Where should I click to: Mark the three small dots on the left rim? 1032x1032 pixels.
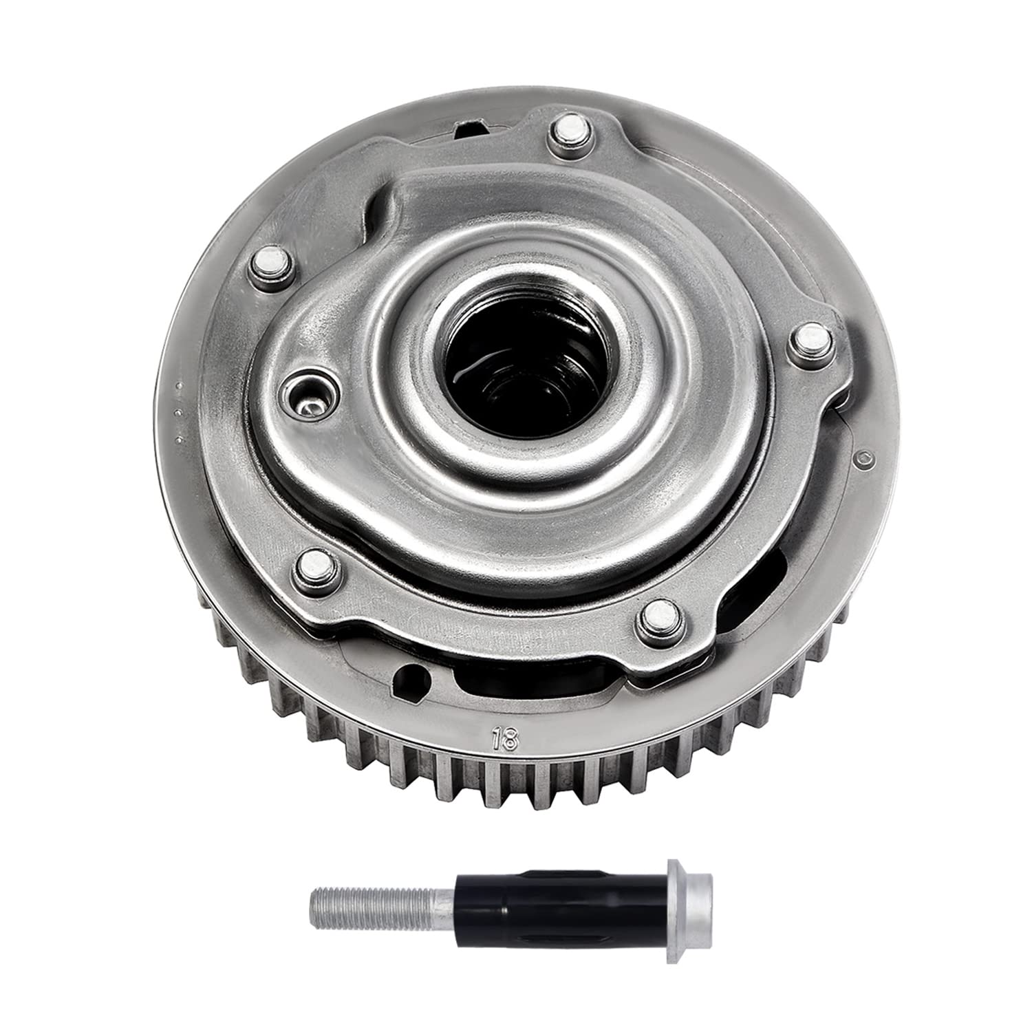pos(179,413)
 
